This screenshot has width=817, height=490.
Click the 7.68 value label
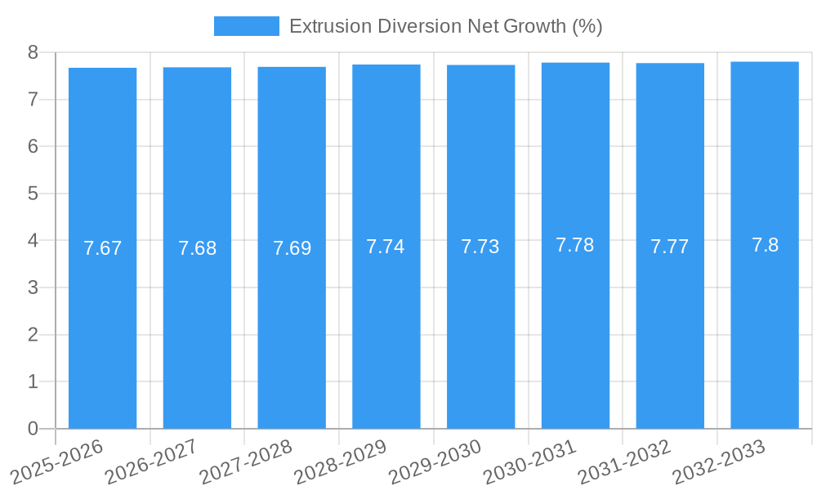coord(198,248)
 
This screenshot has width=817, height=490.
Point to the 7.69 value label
coord(292,248)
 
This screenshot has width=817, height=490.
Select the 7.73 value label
coord(480,247)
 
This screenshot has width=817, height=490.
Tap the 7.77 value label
coord(670,247)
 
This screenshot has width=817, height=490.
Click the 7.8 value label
coord(765,245)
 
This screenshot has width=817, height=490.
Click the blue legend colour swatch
coord(246,26)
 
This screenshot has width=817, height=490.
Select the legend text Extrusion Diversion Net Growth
coord(445,26)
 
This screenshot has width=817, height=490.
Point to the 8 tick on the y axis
coord(33,52)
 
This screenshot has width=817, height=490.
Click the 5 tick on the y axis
coord(33,194)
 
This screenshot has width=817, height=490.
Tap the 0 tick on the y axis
coord(33,429)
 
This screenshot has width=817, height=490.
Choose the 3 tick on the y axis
coord(33,287)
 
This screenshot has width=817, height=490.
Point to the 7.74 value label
coord(386,247)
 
